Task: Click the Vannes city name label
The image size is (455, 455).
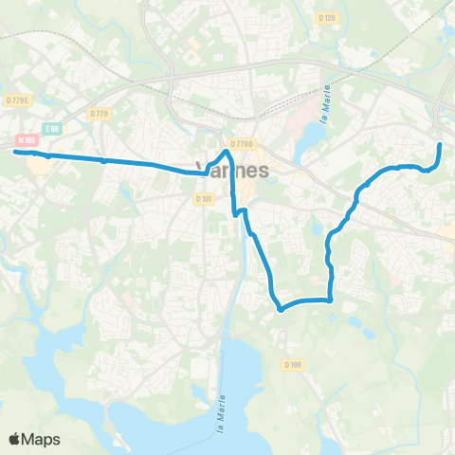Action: click(x=237, y=170)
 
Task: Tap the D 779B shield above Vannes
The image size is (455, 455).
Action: click(x=243, y=144)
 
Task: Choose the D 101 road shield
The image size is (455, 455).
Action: click(x=204, y=199)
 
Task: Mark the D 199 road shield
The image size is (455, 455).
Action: click(x=292, y=365)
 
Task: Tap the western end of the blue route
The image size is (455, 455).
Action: click(x=15, y=151)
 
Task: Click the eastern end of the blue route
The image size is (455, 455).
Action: click(x=441, y=144)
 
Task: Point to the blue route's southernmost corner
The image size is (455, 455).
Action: click(x=281, y=308)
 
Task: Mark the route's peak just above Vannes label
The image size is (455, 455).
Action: click(x=227, y=151)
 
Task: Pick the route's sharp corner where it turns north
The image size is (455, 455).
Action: click(x=330, y=300)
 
